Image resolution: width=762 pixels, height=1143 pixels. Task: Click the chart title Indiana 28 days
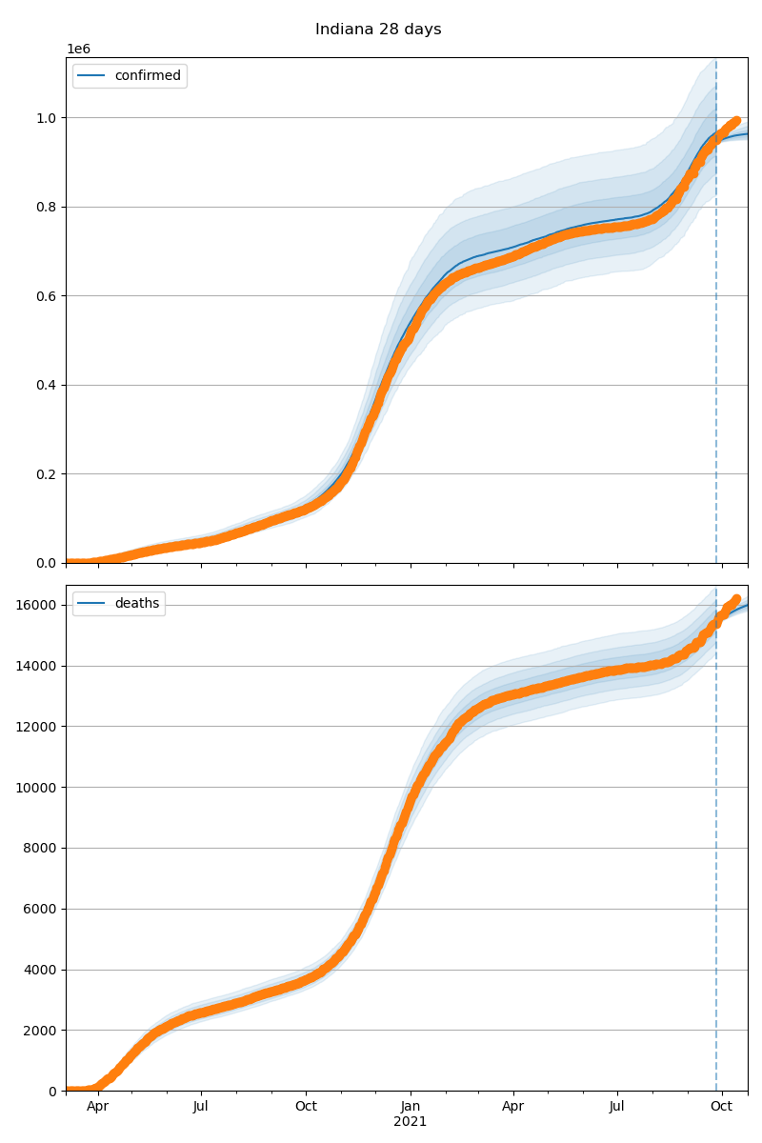378,30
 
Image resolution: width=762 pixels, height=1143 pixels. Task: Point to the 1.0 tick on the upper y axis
47,118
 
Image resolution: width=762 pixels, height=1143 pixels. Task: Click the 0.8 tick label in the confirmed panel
47,208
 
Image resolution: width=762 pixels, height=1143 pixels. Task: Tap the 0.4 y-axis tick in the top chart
47,386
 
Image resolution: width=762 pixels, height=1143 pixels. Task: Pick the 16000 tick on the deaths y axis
39,606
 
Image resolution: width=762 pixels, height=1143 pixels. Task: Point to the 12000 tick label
39,727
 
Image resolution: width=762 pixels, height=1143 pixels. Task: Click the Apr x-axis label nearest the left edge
97,1107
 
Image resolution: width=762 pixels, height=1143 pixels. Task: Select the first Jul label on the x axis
201,1107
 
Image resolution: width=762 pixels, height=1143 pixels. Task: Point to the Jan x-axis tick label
411,1107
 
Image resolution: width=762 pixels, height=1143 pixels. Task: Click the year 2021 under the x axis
411,1122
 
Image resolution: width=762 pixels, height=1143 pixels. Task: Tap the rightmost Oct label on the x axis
722,1107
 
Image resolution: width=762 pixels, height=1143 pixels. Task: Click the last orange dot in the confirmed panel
736,121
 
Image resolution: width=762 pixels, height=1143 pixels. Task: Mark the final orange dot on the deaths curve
736,599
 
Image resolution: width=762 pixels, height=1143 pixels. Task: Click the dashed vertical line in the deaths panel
716,857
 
